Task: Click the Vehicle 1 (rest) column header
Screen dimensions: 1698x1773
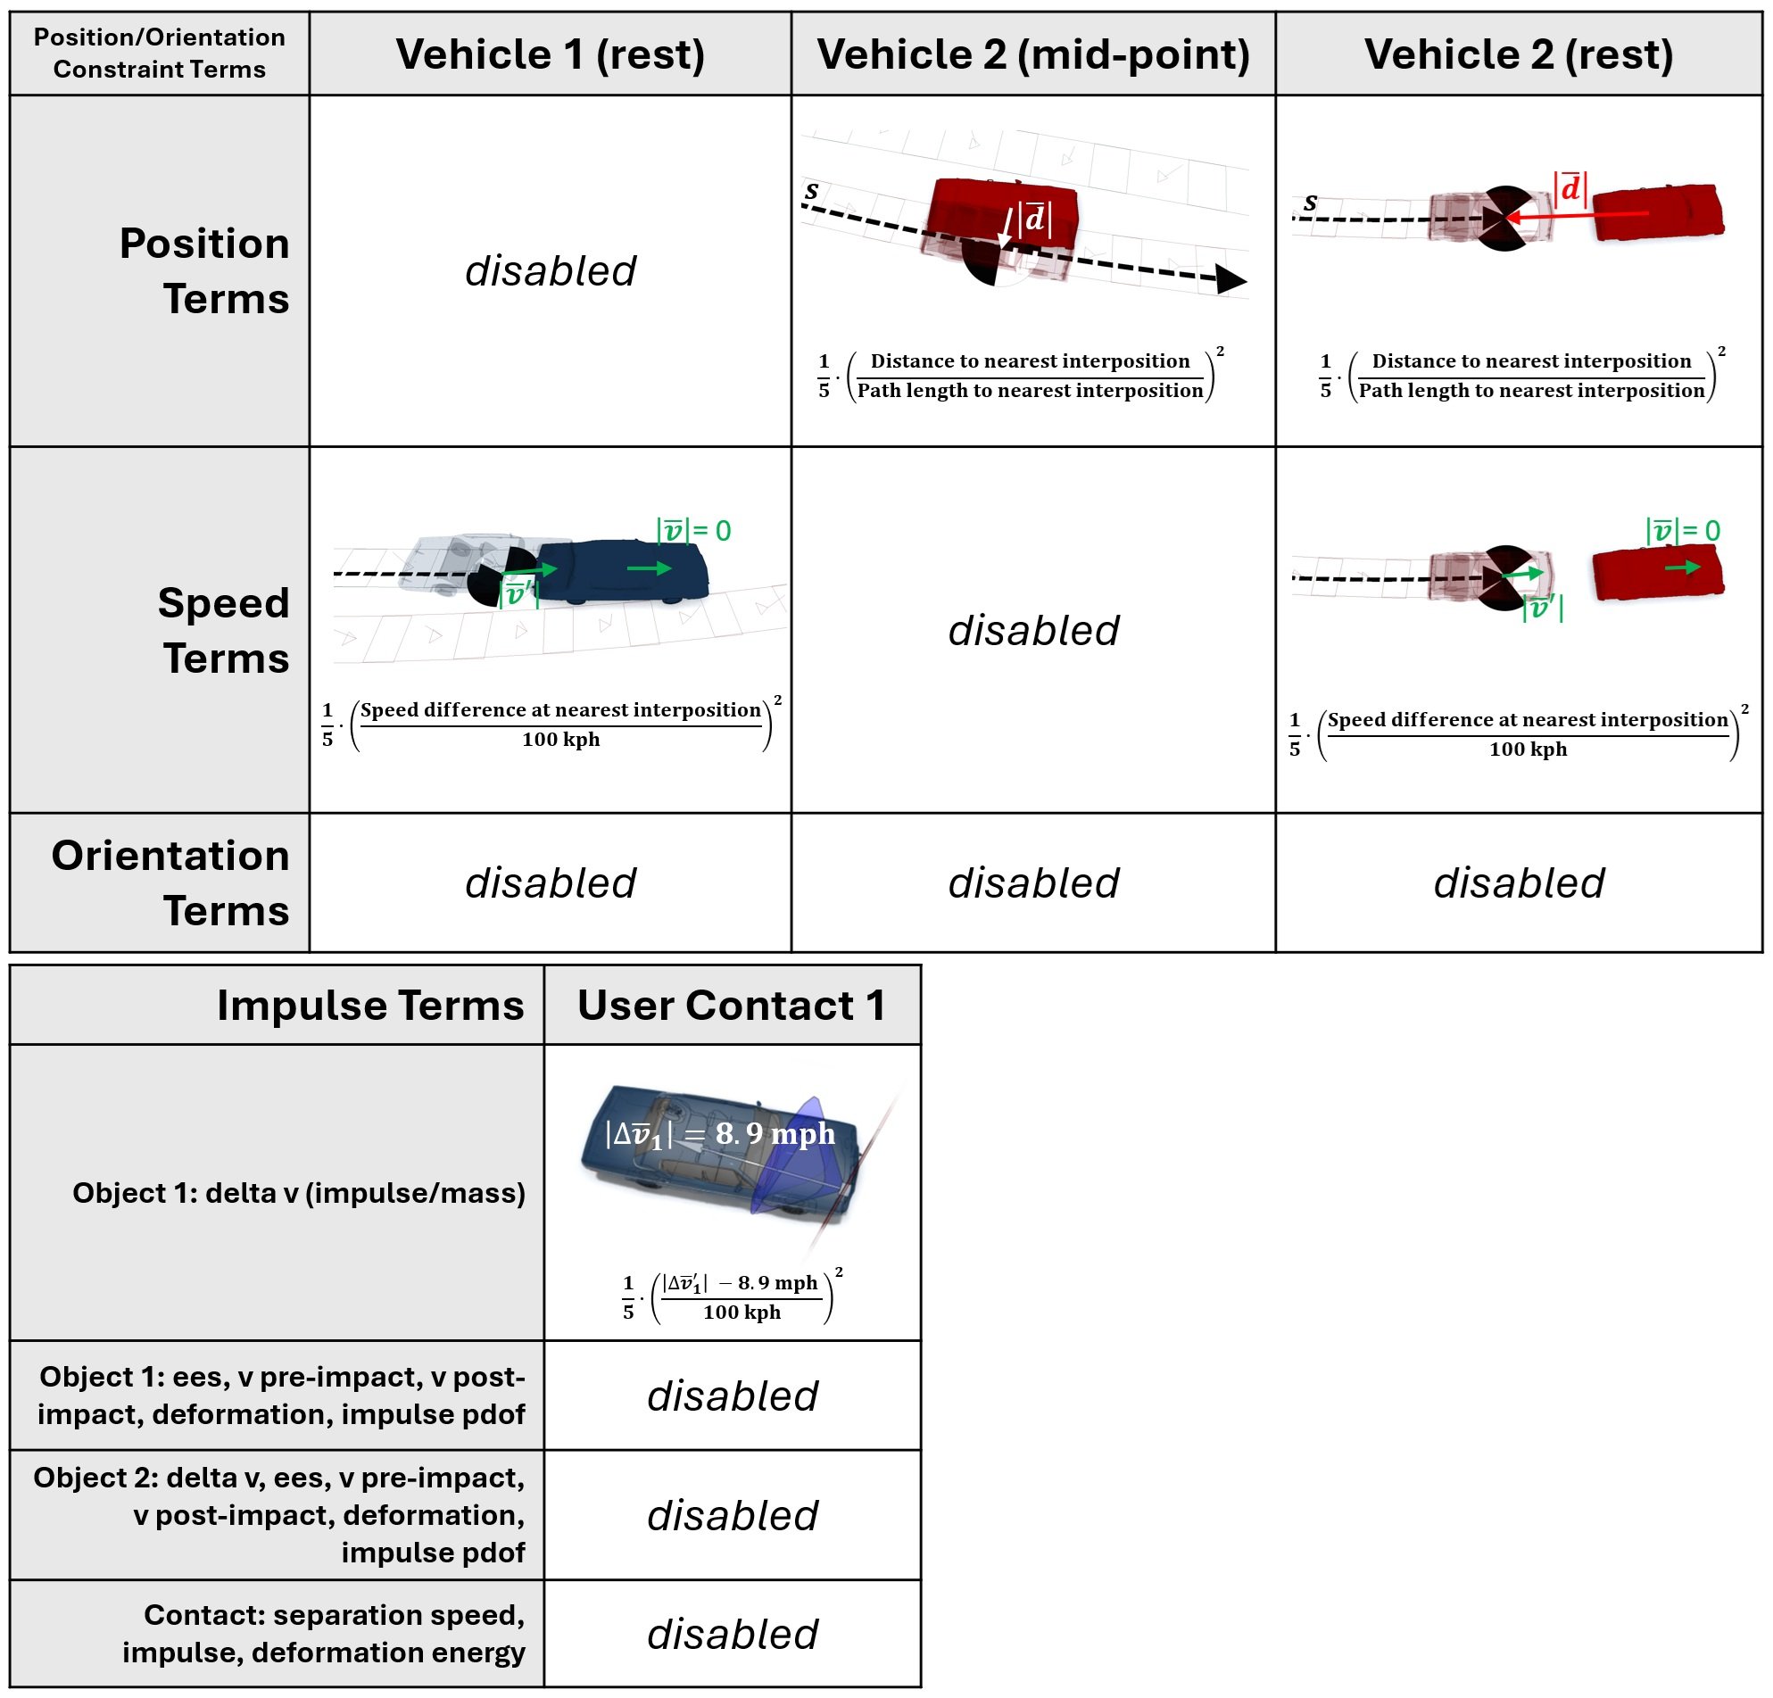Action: pos(550,54)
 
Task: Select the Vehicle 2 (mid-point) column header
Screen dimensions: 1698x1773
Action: pos(1033,54)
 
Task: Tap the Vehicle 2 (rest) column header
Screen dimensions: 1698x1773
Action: pos(1519,54)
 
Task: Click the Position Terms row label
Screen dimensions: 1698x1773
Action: pos(203,270)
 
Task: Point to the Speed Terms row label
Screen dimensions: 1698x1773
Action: pos(222,630)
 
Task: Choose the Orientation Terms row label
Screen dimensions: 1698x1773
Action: pos(170,882)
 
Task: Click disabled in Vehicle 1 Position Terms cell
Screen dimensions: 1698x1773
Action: pos(550,270)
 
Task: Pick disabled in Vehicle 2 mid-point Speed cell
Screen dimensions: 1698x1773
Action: pos(1033,630)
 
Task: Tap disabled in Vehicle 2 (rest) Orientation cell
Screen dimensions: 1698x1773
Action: pos(1519,883)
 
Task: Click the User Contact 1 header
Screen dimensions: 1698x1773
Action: pos(731,1005)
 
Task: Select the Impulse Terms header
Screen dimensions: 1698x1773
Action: pos(370,1005)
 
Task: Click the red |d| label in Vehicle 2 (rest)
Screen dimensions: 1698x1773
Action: pos(1570,188)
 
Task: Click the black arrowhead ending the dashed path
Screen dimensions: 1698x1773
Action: pos(1230,278)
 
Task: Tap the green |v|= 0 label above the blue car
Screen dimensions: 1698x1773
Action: pos(694,530)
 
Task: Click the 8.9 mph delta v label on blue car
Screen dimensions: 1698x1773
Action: pos(720,1133)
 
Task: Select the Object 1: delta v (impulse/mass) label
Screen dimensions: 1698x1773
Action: pos(299,1192)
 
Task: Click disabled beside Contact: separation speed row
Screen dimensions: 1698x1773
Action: pos(732,1634)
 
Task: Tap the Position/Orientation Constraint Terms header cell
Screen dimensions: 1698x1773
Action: pos(159,54)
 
